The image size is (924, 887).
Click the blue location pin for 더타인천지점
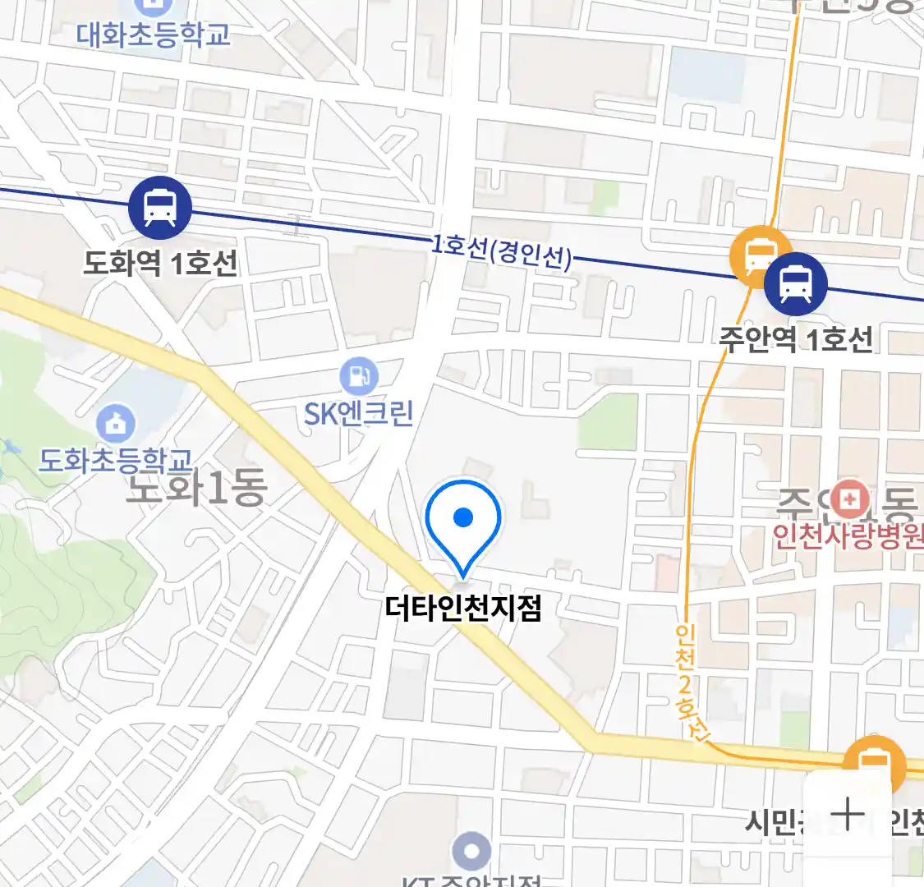(x=463, y=522)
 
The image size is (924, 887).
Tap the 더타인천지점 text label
(x=463, y=609)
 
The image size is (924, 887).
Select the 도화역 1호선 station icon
(x=159, y=208)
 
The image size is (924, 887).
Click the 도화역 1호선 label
(x=160, y=264)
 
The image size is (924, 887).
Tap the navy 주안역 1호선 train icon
(x=795, y=283)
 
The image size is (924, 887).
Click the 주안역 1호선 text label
(x=796, y=339)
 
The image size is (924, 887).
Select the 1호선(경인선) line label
(x=501, y=251)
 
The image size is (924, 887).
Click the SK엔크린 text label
(x=359, y=413)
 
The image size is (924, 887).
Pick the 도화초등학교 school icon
(x=116, y=423)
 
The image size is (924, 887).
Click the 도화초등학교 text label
(x=116, y=460)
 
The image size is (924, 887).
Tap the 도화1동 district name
(x=197, y=489)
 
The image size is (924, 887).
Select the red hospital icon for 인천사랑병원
(x=849, y=499)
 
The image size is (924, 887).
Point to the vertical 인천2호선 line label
(x=688, y=682)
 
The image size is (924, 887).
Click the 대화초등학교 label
(x=154, y=34)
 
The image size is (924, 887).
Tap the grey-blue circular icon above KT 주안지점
(x=471, y=852)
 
